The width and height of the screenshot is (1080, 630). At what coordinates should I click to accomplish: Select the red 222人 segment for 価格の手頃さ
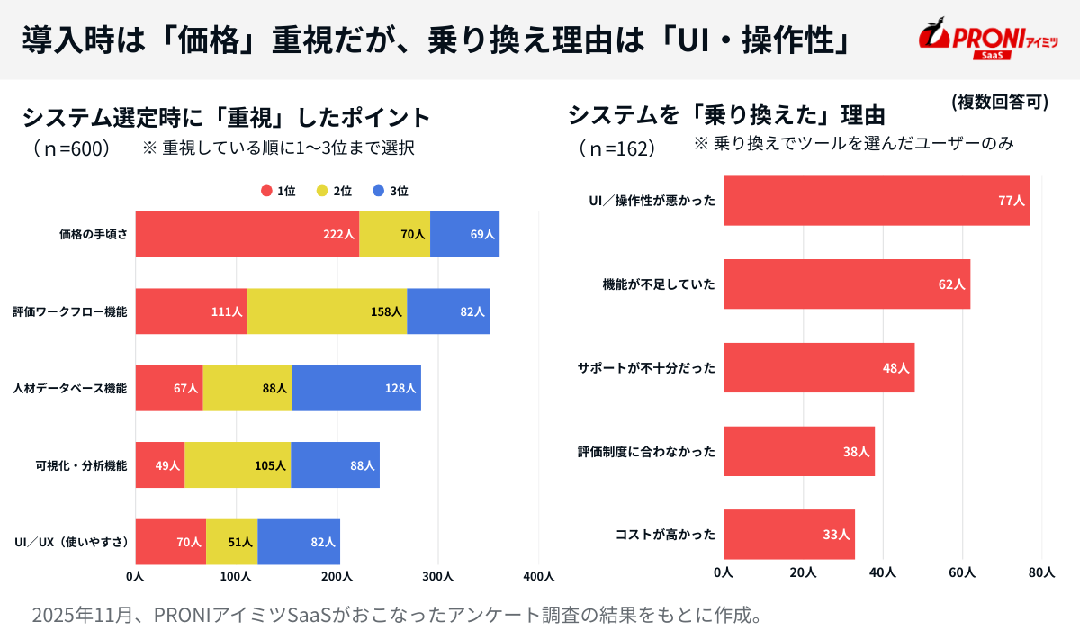(247, 234)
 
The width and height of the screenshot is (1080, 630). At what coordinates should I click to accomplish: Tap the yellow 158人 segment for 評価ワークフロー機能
(327, 311)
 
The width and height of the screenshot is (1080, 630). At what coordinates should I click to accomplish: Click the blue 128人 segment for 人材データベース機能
(356, 388)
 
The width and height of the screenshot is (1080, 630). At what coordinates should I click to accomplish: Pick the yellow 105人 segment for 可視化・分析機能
(238, 465)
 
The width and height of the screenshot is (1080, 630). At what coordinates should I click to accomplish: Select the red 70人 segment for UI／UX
(171, 542)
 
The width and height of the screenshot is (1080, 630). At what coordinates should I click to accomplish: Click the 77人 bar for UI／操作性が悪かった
(877, 201)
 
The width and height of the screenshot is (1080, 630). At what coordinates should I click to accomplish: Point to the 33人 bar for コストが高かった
(789, 535)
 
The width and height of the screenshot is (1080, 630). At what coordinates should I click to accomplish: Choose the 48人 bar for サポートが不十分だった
(819, 367)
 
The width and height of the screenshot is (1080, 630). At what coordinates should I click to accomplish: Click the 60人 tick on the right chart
(962, 572)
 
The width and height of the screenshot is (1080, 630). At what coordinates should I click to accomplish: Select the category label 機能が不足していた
(659, 284)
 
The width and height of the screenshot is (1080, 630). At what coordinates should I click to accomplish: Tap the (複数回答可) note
(999, 102)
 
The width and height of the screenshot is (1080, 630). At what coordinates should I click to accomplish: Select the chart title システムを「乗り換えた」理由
(726, 115)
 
